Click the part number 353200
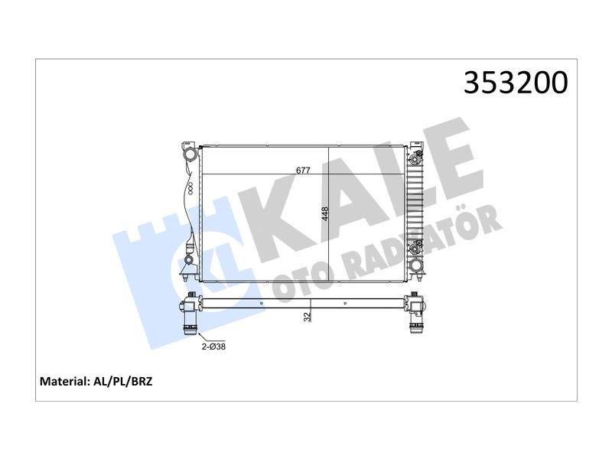coord(516,83)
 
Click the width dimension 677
coord(303,170)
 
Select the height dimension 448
coord(325,214)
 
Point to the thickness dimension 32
coord(308,317)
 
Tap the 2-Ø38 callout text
coord(213,347)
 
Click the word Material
coord(65,381)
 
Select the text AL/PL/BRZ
coord(123,381)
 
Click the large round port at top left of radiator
coord(190,155)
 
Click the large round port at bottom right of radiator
coord(416,266)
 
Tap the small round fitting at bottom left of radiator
coord(188,259)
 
